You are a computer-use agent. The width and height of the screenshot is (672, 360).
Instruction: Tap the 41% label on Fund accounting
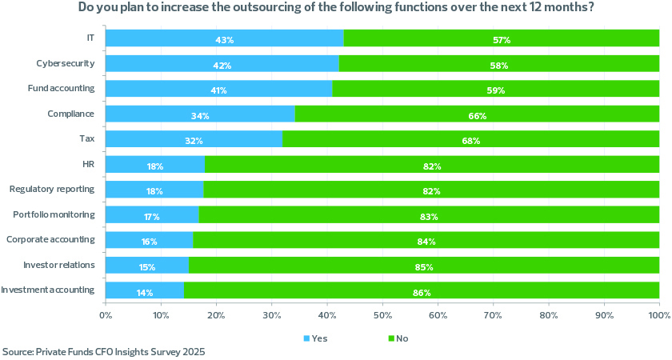(218, 90)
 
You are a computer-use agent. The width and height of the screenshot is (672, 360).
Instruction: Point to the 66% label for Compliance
(478, 116)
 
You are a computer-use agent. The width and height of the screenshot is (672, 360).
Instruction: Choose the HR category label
(89, 165)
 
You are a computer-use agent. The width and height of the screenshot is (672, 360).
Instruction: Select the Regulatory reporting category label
(52, 190)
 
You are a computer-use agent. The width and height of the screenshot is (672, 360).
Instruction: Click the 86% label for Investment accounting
(422, 292)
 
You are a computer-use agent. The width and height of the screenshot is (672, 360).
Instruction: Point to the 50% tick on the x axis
(382, 315)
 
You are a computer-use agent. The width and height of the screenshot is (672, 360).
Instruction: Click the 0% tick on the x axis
(106, 315)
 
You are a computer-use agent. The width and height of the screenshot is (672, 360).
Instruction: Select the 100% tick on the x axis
(658, 315)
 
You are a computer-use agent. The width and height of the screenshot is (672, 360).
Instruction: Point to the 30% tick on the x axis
(272, 315)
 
